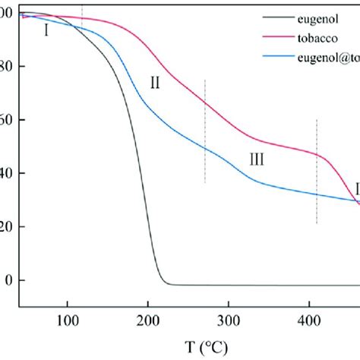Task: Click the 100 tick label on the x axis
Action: pyautogui.click(x=68, y=320)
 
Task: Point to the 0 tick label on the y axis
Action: pyautogui.click(x=9, y=280)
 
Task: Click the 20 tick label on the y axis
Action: pyautogui.click(x=7, y=226)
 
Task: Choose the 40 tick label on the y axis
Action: pyautogui.click(x=7, y=173)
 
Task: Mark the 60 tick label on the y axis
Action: pyautogui.click(x=7, y=120)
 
